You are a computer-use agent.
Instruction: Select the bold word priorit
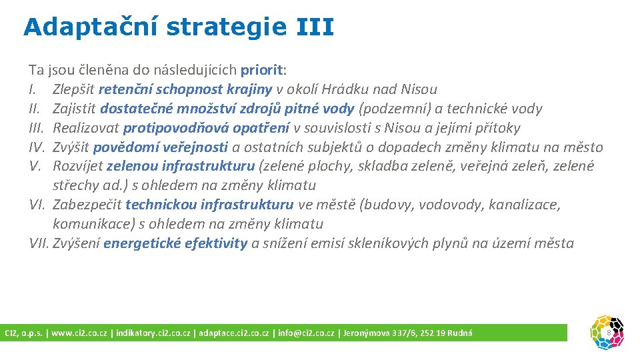(x=262, y=69)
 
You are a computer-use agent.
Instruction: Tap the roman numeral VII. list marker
(x=39, y=243)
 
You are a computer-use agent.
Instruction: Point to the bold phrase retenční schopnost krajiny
(x=186, y=89)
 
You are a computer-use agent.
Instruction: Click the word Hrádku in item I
(x=344, y=89)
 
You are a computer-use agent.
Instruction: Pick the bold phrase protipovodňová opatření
(x=207, y=127)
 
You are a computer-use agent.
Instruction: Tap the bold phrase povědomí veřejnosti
(x=161, y=147)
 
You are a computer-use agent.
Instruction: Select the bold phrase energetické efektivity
(x=175, y=243)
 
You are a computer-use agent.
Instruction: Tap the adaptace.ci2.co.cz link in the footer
(x=233, y=333)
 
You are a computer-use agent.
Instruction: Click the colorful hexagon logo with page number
(x=607, y=332)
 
